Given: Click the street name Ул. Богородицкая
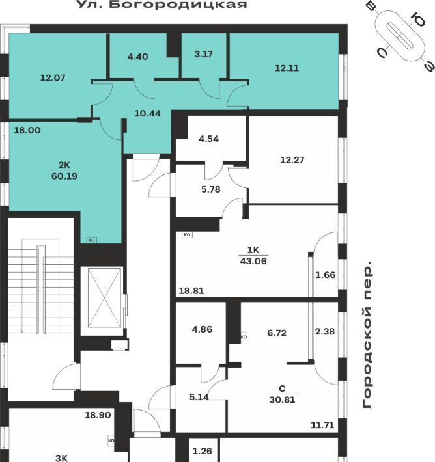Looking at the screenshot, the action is tap(162, 4).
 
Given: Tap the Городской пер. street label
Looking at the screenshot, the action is tap(367, 334).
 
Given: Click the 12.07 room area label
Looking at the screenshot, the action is tap(53, 78).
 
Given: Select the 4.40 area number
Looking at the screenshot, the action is tap(137, 56).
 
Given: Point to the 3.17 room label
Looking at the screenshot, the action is tap(203, 54).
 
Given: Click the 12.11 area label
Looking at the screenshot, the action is tap(287, 68).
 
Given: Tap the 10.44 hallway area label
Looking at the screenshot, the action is tap(147, 113).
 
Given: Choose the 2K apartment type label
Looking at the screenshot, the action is tap(64, 165).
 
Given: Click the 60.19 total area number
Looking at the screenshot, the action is tap(64, 176).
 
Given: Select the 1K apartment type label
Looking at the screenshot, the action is tap(253, 250).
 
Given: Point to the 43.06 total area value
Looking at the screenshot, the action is tap(253, 261).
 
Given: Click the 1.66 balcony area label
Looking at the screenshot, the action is tap(326, 275).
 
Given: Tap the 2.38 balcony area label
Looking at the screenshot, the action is tap(325, 331).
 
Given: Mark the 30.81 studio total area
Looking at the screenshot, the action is tap(282, 400).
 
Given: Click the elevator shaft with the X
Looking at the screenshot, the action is tap(105, 297).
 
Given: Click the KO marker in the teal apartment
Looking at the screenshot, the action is tap(91, 240).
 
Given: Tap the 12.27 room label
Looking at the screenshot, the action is tap(292, 160).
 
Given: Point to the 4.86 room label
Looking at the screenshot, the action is tap(202, 329).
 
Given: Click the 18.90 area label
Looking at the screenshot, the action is tap(98, 415).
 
